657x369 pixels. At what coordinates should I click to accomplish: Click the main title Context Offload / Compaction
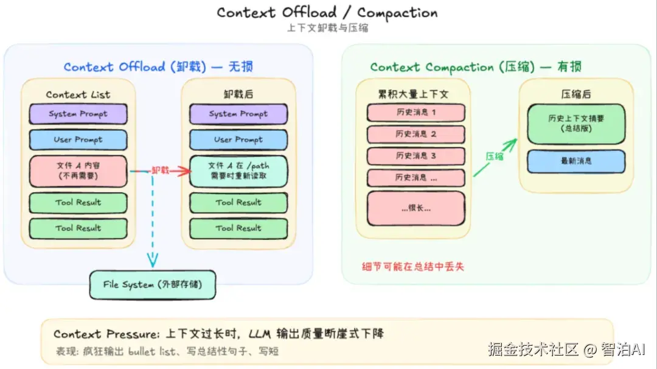pos(327,12)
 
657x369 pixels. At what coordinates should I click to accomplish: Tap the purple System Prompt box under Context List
pos(78,114)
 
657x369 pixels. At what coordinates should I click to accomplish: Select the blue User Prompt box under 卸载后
pos(238,139)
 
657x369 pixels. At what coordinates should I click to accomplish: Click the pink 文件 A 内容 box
pos(78,171)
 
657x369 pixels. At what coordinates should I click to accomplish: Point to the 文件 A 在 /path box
pos(238,171)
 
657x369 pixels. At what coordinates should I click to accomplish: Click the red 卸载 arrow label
pos(160,171)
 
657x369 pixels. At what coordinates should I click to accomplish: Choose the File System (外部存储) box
pos(152,284)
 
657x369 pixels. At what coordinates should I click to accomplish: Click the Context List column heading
pos(78,94)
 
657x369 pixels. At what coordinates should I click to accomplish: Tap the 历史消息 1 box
pos(415,113)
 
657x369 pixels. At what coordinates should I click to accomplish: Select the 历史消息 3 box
pos(415,156)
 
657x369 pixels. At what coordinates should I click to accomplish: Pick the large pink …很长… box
pos(415,208)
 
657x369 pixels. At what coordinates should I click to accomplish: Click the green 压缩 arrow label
pos(494,156)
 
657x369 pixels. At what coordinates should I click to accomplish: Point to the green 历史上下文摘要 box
pos(576,124)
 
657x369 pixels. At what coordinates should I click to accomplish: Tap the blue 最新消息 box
pos(576,161)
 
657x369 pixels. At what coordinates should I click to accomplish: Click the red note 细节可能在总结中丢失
pos(412,266)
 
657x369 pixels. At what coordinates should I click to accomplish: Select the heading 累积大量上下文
pos(415,94)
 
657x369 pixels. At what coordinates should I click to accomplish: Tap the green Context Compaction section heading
pos(477,67)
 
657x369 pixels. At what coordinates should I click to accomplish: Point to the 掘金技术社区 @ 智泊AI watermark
pos(566,350)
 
